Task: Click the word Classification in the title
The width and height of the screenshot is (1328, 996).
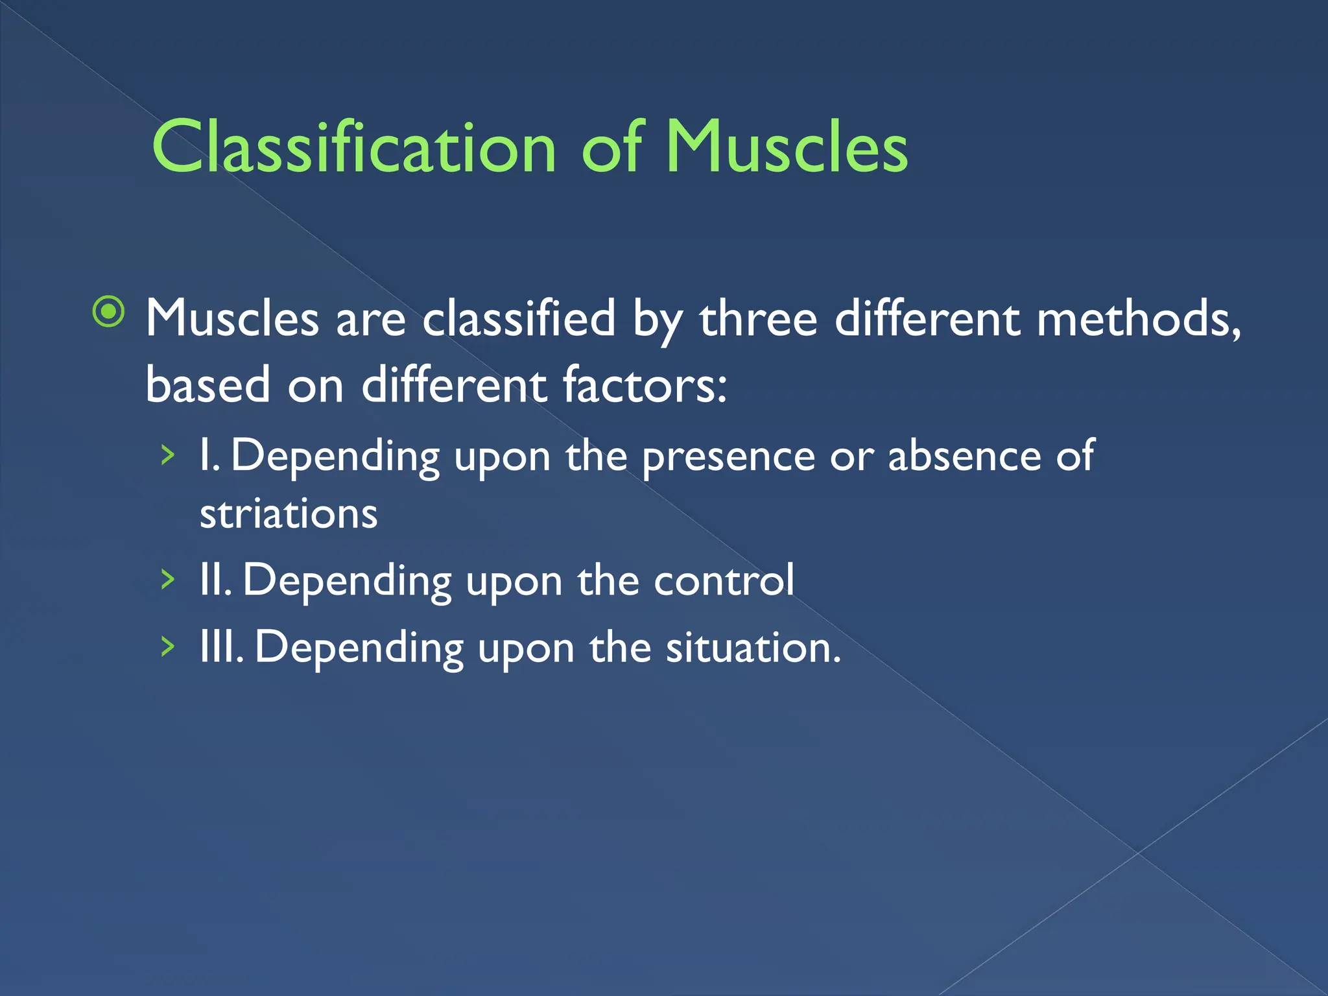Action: (x=353, y=148)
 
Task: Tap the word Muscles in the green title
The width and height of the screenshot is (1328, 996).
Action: (x=787, y=148)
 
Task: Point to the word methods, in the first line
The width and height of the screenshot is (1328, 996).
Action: (x=1139, y=319)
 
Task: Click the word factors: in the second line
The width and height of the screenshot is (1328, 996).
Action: (x=645, y=385)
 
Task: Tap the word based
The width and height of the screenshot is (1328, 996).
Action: (x=207, y=385)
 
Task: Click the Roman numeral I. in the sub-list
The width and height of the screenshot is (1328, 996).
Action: (x=209, y=456)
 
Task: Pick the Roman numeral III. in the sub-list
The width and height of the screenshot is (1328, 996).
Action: (x=221, y=647)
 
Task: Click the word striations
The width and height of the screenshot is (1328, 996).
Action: (x=289, y=514)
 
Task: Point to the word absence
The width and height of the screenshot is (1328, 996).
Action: (x=964, y=456)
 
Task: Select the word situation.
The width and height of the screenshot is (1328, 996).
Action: (x=753, y=647)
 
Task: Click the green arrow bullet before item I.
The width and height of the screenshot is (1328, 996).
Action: (x=168, y=456)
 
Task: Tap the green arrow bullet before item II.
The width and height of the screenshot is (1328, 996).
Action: (x=168, y=580)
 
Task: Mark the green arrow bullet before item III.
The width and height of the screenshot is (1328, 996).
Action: (x=168, y=646)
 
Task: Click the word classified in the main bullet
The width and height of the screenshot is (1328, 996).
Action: (x=519, y=319)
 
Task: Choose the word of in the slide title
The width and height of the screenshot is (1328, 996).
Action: (x=611, y=148)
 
